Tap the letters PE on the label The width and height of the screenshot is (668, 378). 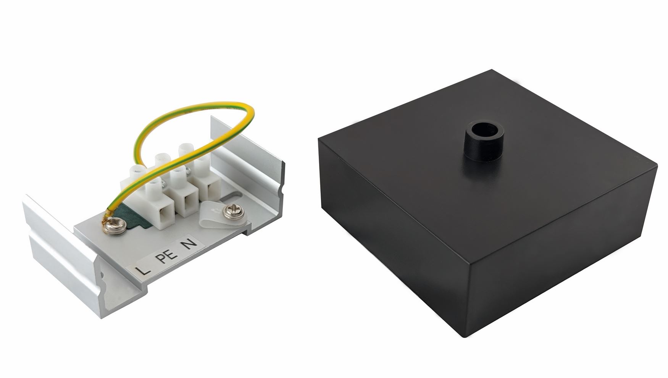pos(168,257)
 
